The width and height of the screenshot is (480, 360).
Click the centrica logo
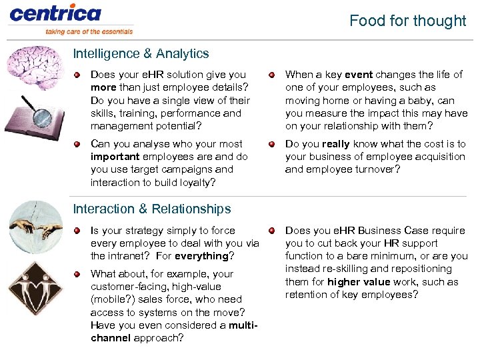[55, 13]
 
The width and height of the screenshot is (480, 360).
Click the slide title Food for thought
[407, 21]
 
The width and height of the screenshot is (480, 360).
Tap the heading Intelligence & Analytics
[141, 53]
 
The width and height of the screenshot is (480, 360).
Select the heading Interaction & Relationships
[152, 209]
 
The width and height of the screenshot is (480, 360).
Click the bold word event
[359, 75]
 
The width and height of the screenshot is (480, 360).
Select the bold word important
[115, 157]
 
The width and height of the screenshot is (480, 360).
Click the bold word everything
[201, 256]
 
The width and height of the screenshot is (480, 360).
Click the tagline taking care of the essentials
[89, 31]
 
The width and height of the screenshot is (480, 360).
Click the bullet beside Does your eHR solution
[77, 75]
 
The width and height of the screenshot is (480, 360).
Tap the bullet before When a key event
[271, 75]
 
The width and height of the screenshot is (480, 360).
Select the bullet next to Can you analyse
[77, 144]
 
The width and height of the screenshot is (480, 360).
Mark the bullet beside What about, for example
[77, 274]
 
